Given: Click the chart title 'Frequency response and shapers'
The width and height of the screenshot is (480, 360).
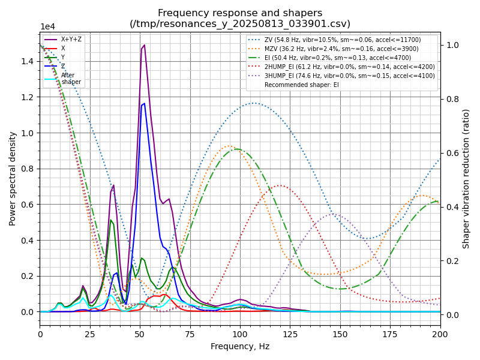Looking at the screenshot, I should (x=240, y=13).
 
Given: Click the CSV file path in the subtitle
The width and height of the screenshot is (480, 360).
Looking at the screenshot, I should (x=240, y=24).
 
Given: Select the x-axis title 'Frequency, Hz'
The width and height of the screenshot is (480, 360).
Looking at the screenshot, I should (x=240, y=346).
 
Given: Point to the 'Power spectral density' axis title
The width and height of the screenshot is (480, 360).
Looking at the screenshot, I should (x=13, y=178).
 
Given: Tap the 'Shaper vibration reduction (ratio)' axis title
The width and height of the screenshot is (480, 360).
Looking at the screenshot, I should (x=466, y=178).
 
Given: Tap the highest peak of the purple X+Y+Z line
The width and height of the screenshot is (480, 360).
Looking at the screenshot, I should (x=144, y=45).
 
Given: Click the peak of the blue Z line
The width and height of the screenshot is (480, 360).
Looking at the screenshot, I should (x=144, y=103).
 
